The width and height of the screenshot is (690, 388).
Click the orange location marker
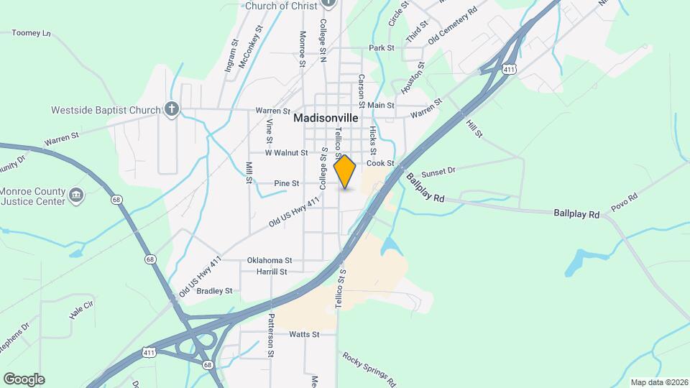345,171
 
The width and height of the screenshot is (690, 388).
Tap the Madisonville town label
326,118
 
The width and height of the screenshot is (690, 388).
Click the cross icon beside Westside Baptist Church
171,109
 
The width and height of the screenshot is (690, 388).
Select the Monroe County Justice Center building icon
77,194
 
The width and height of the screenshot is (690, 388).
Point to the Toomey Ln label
32,33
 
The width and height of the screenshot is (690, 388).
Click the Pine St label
286,184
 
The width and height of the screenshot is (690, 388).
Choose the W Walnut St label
286,153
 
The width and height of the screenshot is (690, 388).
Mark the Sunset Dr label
438,172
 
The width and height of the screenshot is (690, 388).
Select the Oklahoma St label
270,260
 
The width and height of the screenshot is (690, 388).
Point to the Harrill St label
272,272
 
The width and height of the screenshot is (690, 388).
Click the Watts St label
304,334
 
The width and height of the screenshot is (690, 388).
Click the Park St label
381,48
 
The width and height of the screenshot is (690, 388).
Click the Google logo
24,379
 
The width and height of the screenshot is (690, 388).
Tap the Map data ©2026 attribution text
658,382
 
